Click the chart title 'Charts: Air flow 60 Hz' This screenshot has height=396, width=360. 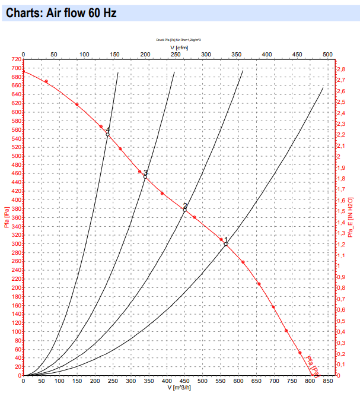65,12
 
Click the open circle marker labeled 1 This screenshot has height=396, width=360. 225,244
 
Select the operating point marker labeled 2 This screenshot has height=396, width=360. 185,210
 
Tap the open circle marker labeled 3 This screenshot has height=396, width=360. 145,176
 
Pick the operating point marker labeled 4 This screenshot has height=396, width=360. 107,135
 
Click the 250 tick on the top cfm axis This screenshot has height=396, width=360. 176,55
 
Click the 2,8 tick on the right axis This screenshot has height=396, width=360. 342,69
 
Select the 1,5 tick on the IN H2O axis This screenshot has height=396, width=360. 342,211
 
